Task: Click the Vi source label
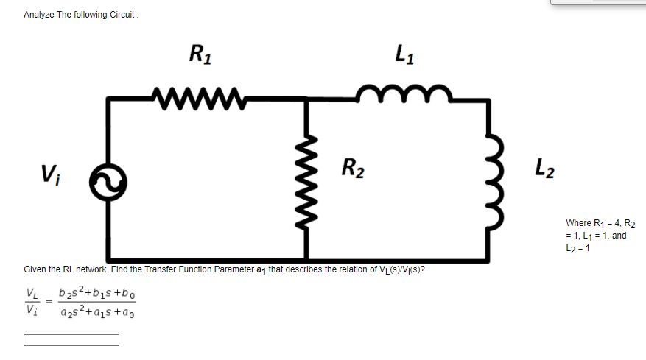coord(51,174)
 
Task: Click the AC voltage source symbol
coord(108,180)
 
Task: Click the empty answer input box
coord(71,340)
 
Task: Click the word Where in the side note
coord(577,223)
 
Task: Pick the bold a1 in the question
coord(261,269)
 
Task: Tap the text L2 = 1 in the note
coord(577,247)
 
